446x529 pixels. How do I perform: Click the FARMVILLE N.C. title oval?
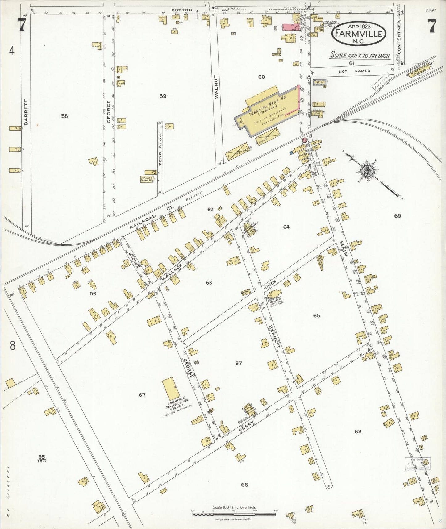(x=359, y=34)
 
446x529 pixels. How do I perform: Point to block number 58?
(x=64, y=116)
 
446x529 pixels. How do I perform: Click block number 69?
(x=397, y=216)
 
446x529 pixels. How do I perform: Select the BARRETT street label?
(x=26, y=112)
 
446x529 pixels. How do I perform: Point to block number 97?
(x=238, y=363)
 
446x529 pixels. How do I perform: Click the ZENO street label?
(x=160, y=158)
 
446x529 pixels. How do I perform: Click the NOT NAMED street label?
(x=354, y=71)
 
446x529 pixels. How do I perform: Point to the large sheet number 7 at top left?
(x=21, y=25)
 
